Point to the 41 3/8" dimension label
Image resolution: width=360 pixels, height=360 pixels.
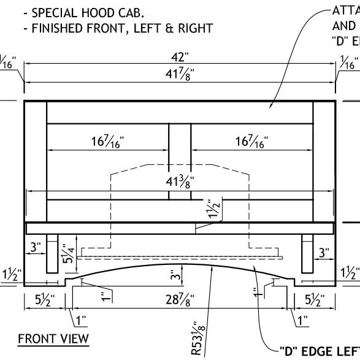(180, 182)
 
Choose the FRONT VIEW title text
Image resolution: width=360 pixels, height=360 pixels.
(53, 338)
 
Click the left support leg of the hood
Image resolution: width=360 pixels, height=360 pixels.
(53, 253)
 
